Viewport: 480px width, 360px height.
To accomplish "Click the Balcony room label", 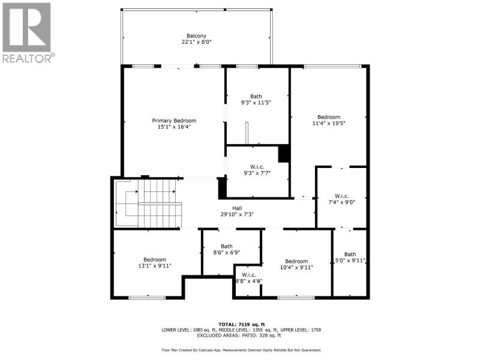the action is (x=197, y=36).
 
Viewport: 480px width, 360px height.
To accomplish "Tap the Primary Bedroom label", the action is (x=174, y=121).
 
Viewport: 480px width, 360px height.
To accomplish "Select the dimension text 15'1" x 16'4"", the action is (x=174, y=127).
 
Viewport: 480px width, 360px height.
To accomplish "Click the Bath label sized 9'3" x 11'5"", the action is (x=256, y=97).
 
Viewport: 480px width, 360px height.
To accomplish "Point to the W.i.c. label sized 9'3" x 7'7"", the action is (x=257, y=167).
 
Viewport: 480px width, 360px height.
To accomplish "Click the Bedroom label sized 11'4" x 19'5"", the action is (x=329, y=117).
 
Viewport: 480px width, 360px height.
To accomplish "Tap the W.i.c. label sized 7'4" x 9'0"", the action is (x=341, y=196).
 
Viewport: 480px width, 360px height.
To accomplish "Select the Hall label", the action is (x=237, y=208).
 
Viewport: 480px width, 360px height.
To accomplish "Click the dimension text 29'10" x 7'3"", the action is (x=237, y=214).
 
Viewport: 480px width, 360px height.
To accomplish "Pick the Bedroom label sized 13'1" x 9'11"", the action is (x=155, y=260).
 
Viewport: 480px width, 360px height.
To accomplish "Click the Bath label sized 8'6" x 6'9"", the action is (x=227, y=247).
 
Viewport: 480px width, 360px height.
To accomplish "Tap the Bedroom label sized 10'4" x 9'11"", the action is (x=296, y=262).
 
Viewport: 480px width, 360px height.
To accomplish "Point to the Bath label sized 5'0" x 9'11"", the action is (x=350, y=254).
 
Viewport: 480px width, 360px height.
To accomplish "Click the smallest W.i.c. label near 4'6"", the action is (x=248, y=275).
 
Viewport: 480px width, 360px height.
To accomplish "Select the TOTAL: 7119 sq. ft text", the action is (x=242, y=325).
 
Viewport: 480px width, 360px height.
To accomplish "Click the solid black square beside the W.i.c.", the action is (x=284, y=153).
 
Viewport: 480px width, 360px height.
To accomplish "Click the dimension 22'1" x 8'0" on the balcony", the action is (x=197, y=42).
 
